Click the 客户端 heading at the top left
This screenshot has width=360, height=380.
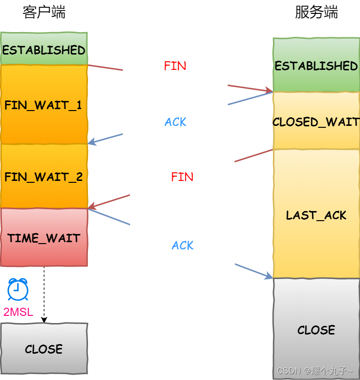(x=44, y=12)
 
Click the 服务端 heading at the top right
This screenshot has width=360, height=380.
(x=316, y=12)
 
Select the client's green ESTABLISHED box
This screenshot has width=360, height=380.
(x=44, y=49)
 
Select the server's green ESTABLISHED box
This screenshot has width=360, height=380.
(x=316, y=66)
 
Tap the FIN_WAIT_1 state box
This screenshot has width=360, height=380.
(x=44, y=105)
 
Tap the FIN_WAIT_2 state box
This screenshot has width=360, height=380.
(x=44, y=177)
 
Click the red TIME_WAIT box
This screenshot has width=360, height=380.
(x=44, y=237)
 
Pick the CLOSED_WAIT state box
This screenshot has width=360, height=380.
(x=316, y=122)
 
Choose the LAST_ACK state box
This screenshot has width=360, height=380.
(x=316, y=215)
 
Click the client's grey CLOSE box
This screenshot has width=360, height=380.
(x=44, y=348)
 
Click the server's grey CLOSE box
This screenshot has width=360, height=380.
(x=316, y=329)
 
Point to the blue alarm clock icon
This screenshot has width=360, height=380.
(x=18, y=290)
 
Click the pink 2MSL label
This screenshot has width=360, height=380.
(x=18, y=313)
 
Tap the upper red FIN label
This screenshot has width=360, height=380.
(x=175, y=66)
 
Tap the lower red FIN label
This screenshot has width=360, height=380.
(x=182, y=177)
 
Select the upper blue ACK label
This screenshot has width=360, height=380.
(x=175, y=122)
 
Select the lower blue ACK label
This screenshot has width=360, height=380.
(x=183, y=246)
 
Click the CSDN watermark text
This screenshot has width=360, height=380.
(x=315, y=371)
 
